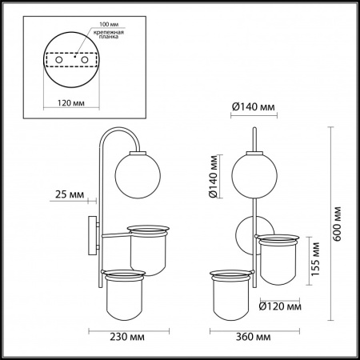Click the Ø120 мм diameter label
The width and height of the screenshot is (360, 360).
pos(281,306)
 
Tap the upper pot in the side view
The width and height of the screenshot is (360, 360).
pos(149,248)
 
